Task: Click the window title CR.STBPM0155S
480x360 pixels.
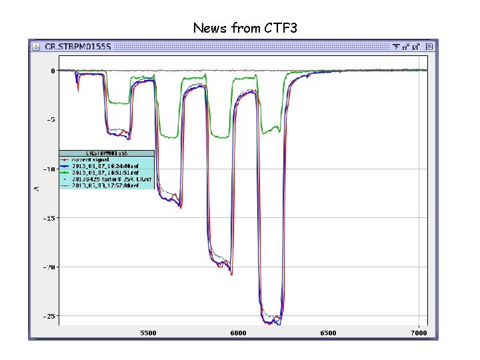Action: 77,47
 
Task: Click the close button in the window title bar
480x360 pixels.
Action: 430,47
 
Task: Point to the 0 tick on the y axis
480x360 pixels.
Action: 53,71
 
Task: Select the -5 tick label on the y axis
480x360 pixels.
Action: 51,120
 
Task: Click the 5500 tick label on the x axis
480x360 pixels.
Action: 148,333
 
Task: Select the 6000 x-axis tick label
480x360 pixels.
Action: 238,333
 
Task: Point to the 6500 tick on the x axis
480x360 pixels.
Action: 328,333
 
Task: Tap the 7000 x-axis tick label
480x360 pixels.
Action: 419,333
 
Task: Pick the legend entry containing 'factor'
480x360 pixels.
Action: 111,179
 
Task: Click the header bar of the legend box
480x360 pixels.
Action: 107,153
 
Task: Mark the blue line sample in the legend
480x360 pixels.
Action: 65,166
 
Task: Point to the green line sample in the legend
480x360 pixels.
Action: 65,173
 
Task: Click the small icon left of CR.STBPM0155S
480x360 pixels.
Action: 35,47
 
